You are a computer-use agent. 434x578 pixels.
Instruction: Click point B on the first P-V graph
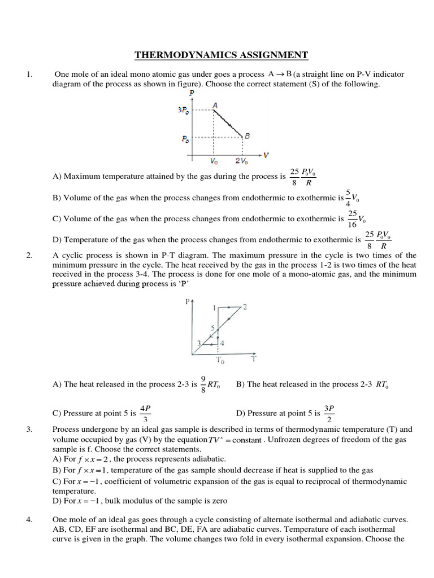[247, 135]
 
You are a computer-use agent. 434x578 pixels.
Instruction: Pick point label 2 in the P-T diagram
[245, 306]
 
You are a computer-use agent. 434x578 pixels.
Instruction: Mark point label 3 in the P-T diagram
[198, 342]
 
